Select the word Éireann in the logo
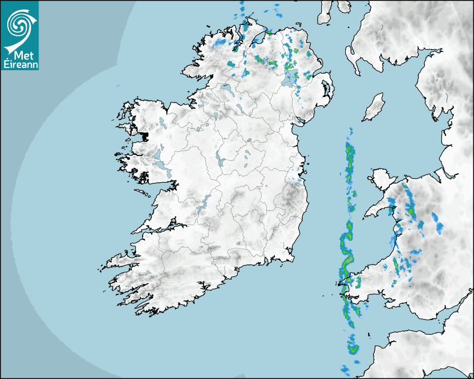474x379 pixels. tap(20, 65)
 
